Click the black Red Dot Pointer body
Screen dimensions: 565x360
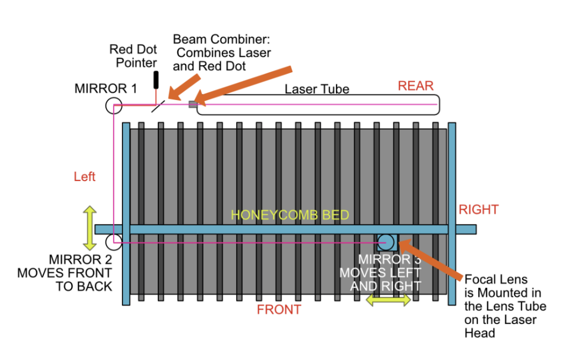point(156,80)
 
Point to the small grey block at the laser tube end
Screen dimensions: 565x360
point(193,104)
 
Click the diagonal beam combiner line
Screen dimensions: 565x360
point(158,106)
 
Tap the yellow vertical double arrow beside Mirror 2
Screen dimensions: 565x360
point(90,228)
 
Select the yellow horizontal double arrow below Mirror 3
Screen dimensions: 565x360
point(388,300)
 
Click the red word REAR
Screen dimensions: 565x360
point(415,86)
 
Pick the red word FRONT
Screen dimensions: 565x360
point(279,310)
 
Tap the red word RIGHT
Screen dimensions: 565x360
point(478,209)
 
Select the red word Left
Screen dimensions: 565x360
point(84,176)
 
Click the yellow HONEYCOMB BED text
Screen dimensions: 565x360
point(290,215)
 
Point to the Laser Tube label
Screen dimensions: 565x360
point(317,89)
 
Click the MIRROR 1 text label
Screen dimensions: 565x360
point(105,88)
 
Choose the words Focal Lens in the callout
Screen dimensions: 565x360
point(496,279)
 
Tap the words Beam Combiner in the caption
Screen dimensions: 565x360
point(221,39)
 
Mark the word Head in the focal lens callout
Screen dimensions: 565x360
point(479,333)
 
